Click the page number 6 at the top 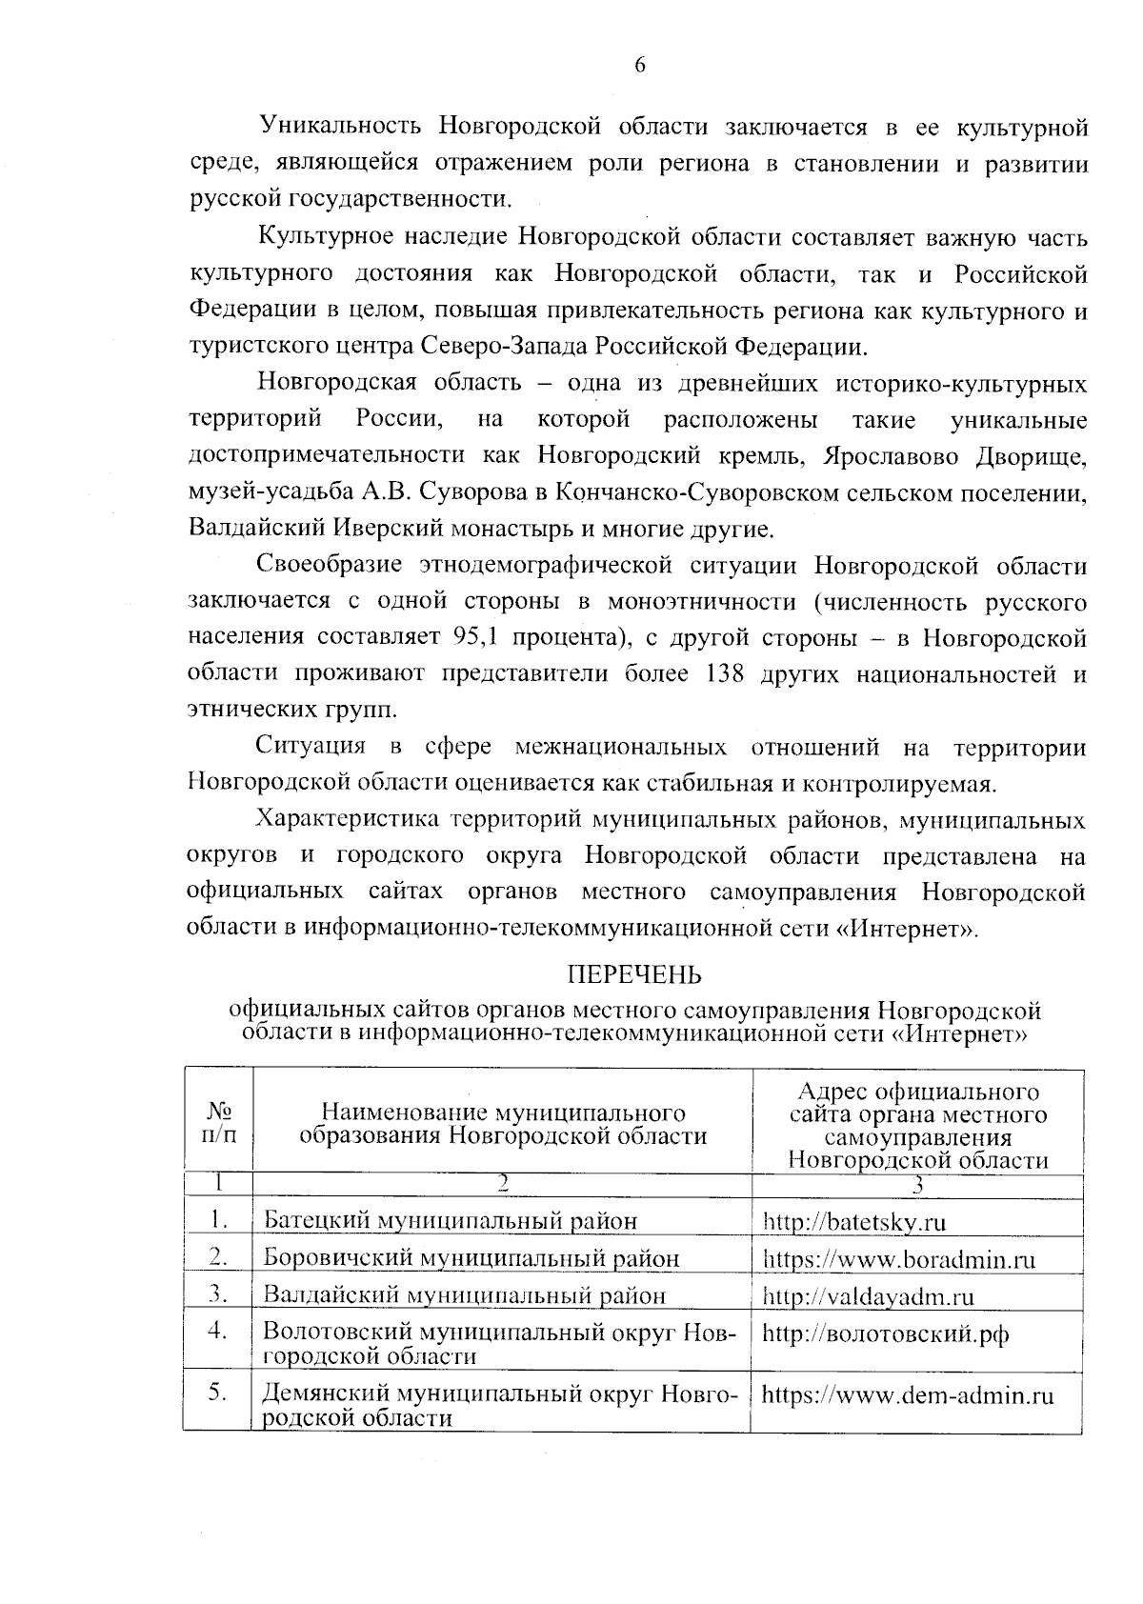click(x=639, y=65)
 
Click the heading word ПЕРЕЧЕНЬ click(x=634, y=974)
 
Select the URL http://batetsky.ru click(x=854, y=1221)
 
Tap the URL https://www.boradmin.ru click(x=898, y=1259)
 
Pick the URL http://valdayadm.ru click(x=868, y=1296)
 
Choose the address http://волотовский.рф click(x=885, y=1333)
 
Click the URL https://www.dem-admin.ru click(x=908, y=1395)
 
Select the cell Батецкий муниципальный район click(x=450, y=1221)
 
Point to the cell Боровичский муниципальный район click(x=471, y=1259)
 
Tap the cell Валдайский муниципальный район click(x=464, y=1296)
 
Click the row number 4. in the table click(x=218, y=1331)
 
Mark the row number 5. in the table click(x=218, y=1393)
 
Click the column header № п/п click(x=218, y=1122)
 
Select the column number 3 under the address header click(x=917, y=1185)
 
